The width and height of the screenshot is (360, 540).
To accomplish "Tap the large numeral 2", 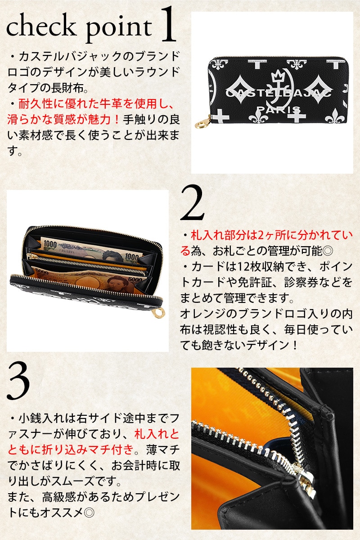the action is [x=192, y=202].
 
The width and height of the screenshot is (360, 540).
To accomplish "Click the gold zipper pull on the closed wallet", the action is [x=202, y=122].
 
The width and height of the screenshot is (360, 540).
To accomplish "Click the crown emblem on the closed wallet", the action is [x=277, y=77].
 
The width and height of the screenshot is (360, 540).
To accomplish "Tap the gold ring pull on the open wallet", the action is [x=160, y=312].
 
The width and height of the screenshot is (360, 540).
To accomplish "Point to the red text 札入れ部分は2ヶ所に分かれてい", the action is [x=271, y=235].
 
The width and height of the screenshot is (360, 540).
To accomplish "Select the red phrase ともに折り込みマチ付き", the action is [x=71, y=449].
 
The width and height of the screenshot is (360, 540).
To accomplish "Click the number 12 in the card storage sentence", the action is [x=243, y=267].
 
